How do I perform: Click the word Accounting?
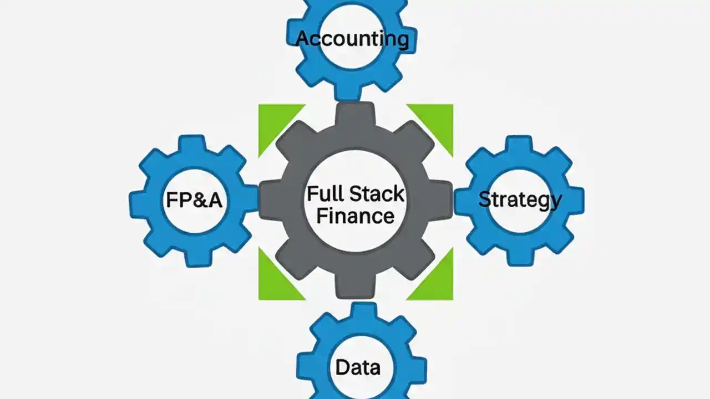tap(353, 39)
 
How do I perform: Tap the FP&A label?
tap(194, 199)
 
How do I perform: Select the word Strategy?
tap(520, 199)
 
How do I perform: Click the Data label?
tap(358, 367)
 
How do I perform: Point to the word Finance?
tap(356, 215)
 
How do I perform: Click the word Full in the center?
tap(325, 194)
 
